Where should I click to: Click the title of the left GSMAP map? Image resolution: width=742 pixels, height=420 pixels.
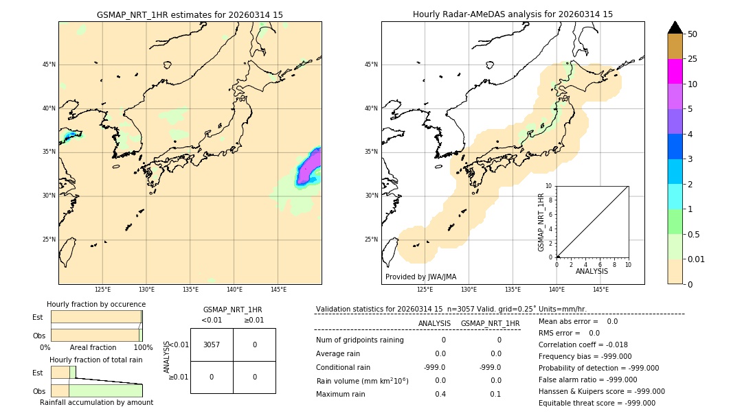[190, 14]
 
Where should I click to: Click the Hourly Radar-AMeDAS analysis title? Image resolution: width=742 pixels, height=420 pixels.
[513, 14]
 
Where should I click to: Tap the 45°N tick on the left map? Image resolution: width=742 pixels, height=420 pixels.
[49, 65]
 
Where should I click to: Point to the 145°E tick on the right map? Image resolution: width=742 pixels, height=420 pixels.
[600, 290]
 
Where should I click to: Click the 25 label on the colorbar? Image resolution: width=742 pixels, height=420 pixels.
[693, 59]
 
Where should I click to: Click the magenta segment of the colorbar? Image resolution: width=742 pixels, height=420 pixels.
[675, 71]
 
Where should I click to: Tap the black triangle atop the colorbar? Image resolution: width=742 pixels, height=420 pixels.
[675, 27]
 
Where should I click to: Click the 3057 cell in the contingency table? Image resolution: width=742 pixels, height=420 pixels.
[212, 345]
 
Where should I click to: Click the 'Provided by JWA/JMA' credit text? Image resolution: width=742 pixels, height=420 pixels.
[420, 277]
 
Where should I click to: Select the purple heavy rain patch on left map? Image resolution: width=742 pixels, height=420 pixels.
[308, 168]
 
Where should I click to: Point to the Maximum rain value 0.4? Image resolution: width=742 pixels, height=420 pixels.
[440, 394]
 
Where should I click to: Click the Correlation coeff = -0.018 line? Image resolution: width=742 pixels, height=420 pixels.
[583, 345]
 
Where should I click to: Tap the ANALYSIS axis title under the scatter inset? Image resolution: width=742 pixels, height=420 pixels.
[592, 272]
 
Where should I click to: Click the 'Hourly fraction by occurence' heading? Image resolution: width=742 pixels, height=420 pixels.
[96, 304]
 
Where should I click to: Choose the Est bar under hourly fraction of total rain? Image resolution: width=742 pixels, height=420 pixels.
[63, 372]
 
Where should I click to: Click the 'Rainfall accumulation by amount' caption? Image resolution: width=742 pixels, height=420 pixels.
[96, 402]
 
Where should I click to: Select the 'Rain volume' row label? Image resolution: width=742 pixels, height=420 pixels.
[362, 381]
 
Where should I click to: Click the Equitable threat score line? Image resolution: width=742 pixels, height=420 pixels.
[596, 403]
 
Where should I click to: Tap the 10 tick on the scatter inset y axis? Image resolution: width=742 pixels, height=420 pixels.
[549, 186]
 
